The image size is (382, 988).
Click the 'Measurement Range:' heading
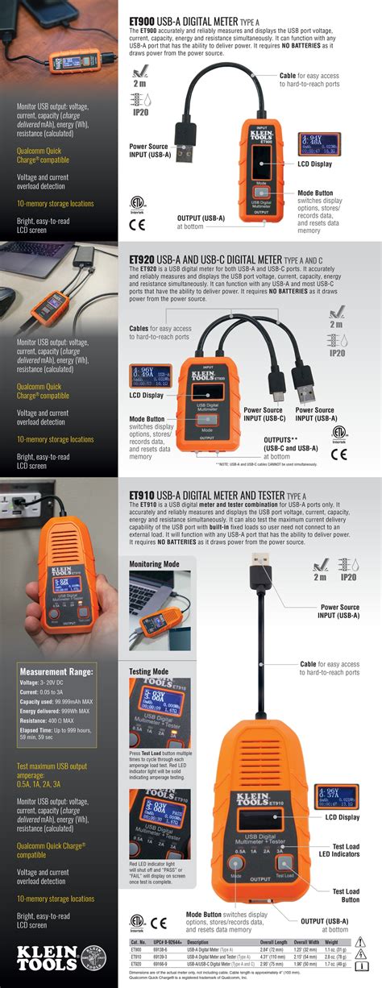point(56,671)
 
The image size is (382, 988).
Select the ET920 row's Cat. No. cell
point(137,963)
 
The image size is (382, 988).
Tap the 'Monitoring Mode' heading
point(155,564)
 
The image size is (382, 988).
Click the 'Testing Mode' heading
point(149,670)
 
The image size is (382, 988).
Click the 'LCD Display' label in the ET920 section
point(146,395)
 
